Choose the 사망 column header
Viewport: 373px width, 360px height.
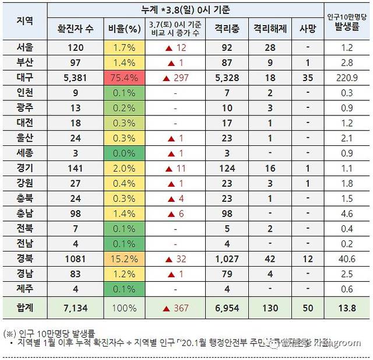[307, 27]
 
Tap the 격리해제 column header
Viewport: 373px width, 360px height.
[269, 27]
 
